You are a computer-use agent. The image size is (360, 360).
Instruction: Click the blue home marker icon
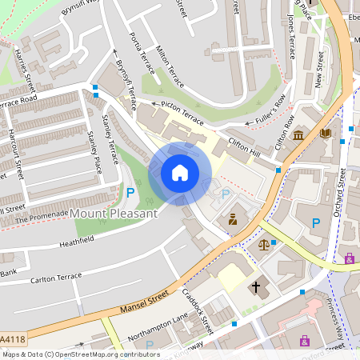point(180,172)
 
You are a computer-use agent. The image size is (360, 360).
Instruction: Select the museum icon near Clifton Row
point(298,134)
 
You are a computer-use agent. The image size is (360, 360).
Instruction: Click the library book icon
point(325,134)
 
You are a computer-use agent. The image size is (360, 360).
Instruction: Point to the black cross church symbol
point(257,286)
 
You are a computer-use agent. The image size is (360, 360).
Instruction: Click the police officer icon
point(233,218)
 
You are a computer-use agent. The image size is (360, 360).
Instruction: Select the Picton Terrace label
point(182,108)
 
